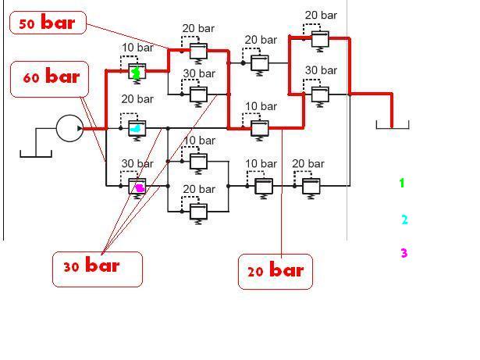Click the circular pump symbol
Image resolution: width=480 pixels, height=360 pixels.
tap(69, 128)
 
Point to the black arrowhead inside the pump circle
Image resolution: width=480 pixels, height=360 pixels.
tap(79, 128)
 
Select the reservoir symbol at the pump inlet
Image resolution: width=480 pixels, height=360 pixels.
tap(35, 151)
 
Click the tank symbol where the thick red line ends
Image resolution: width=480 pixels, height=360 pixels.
tap(392, 124)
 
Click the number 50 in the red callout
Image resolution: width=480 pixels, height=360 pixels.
tap(27, 24)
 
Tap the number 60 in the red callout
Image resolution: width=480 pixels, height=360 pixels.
tap(31, 79)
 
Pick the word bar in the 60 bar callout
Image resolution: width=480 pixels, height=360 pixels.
tap(62, 77)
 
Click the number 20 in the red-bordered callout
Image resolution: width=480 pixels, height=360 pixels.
tap(256, 272)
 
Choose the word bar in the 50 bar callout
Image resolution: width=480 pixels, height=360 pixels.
tap(59, 23)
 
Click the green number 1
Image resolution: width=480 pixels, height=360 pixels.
tap(402, 184)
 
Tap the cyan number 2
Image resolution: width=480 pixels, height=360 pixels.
tap(404, 219)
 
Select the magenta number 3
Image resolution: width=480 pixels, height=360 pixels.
tap(404, 253)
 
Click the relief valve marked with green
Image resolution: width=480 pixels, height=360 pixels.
tap(137, 73)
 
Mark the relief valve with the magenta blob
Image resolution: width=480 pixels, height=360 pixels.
tap(138, 187)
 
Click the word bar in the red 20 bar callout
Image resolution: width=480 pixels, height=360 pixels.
tap(286, 270)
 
